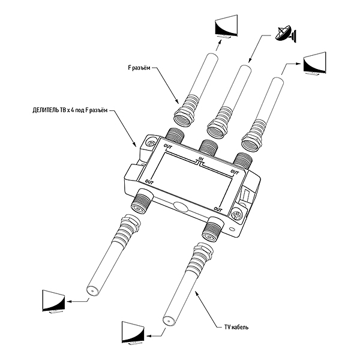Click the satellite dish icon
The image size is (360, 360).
(285, 34)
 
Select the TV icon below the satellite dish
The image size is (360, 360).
(316, 65)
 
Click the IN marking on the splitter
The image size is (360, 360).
(200, 160)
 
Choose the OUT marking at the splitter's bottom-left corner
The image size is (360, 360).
(149, 181)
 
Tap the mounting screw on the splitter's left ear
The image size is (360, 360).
(147, 142)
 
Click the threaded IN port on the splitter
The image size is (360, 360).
(208, 146)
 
